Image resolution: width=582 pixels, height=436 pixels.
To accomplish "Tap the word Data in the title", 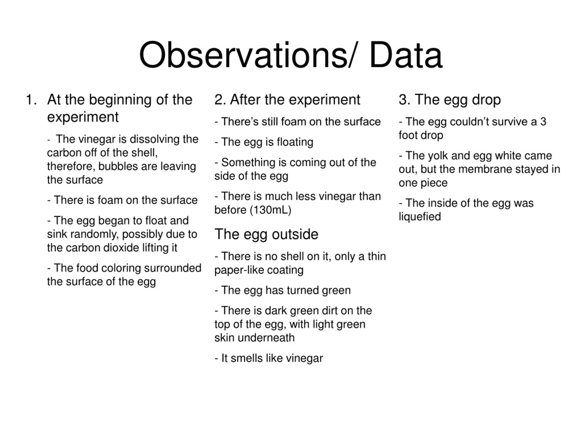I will pos(406,56).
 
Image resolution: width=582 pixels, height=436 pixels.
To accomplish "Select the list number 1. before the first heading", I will pos(31,100).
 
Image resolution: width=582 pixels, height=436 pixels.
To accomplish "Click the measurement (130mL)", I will pos(271,210).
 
